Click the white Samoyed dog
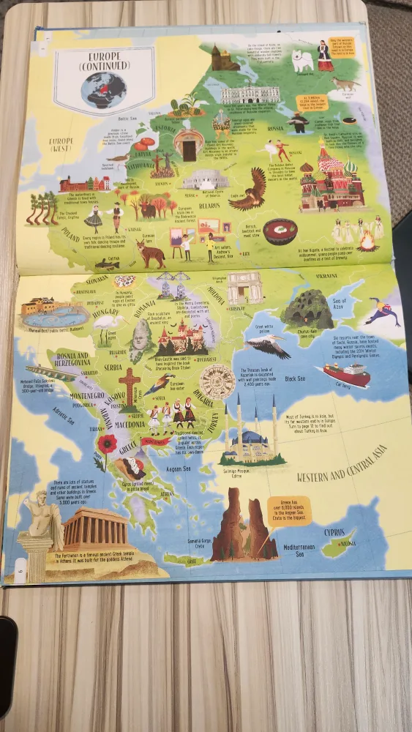(x=302, y=60)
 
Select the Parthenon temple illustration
(x=95, y=529)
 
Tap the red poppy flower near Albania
(x=108, y=444)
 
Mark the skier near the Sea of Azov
(x=382, y=313)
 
